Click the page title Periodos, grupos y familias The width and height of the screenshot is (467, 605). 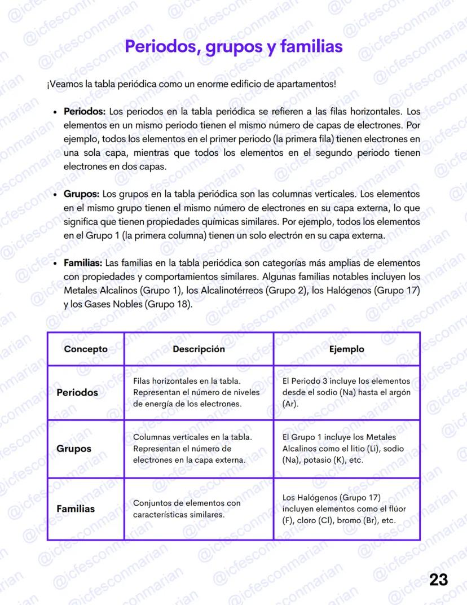pyautogui.click(x=233, y=46)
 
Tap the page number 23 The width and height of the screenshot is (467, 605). pyautogui.click(x=439, y=580)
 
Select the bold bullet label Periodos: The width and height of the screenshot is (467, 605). pyautogui.click(x=84, y=111)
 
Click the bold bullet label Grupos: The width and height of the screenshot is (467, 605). pyautogui.click(x=81, y=194)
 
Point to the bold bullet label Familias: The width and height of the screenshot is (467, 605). pyautogui.click(x=83, y=263)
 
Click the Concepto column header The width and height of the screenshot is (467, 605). pyautogui.click(x=86, y=349)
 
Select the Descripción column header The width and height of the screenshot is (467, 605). pyautogui.click(x=199, y=349)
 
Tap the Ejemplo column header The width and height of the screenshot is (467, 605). pyautogui.click(x=346, y=349)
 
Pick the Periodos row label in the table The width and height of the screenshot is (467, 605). pyautogui.click(x=77, y=392)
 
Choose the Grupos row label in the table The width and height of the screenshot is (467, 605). pyautogui.click(x=74, y=449)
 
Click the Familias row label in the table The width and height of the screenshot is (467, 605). pyautogui.click(x=76, y=508)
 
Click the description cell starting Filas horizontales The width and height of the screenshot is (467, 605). pyautogui.click(x=196, y=392)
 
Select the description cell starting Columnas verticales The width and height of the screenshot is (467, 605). pyautogui.click(x=192, y=449)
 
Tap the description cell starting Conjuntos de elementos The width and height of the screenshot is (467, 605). pyautogui.click(x=187, y=508)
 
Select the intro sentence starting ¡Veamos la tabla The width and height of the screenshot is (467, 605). pyautogui.click(x=192, y=85)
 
